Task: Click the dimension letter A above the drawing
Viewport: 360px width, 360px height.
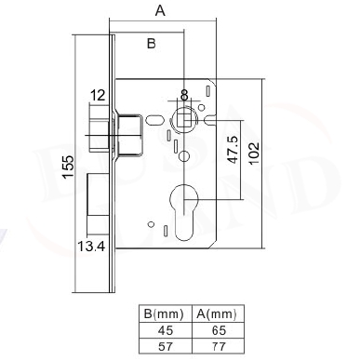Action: click(160, 11)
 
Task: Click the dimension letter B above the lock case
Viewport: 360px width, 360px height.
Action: click(151, 44)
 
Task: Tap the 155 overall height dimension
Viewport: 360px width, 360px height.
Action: click(68, 167)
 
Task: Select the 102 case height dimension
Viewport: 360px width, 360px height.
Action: click(253, 154)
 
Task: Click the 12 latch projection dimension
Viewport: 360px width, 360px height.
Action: click(98, 96)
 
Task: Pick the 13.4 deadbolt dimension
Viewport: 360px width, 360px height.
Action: click(91, 247)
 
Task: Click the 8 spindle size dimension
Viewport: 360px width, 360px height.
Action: click(184, 95)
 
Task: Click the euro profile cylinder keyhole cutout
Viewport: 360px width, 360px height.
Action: click(184, 211)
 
